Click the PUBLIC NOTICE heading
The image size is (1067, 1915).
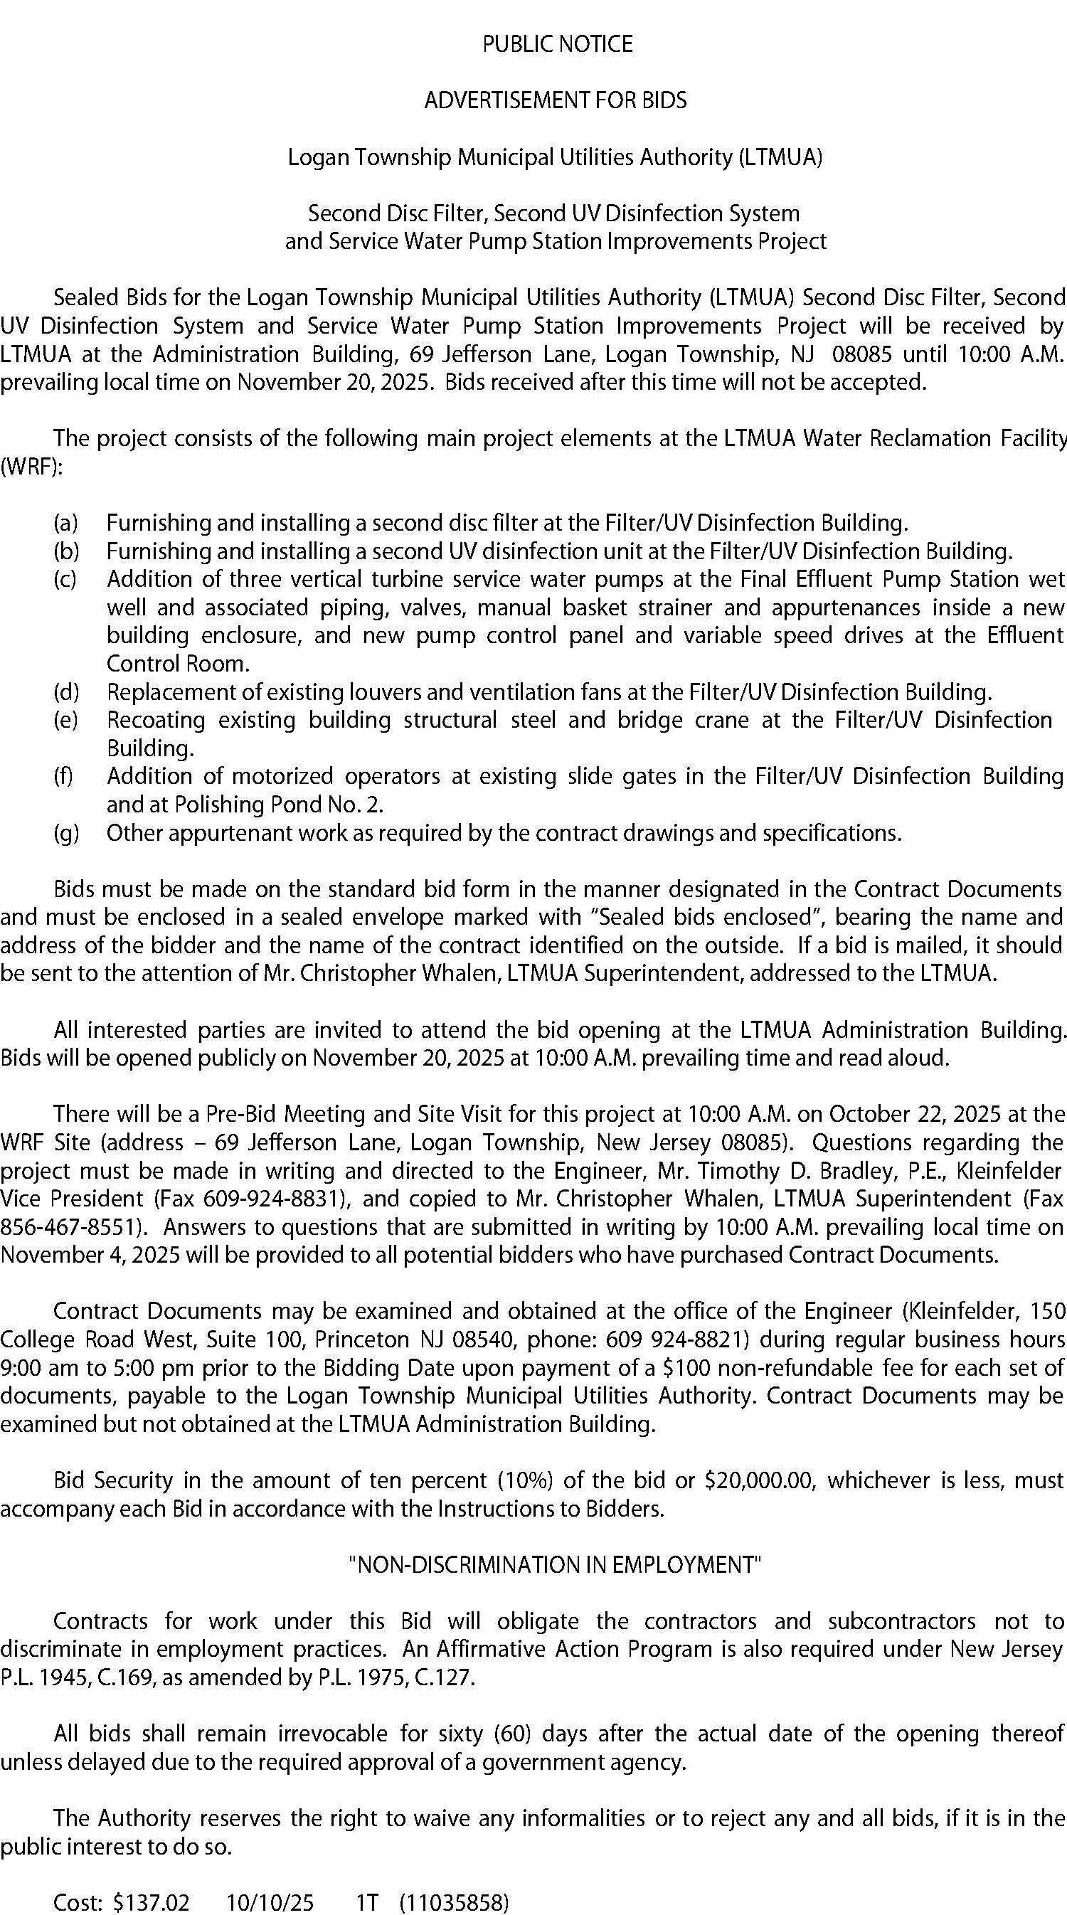coord(557,45)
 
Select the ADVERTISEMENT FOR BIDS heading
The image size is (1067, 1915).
coord(556,100)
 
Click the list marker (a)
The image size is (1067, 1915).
coord(66,524)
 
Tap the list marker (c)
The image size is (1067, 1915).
coord(66,579)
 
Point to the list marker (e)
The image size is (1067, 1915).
coord(66,721)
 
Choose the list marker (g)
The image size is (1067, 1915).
coord(66,833)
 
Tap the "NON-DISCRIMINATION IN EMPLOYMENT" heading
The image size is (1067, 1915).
coord(556,1565)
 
